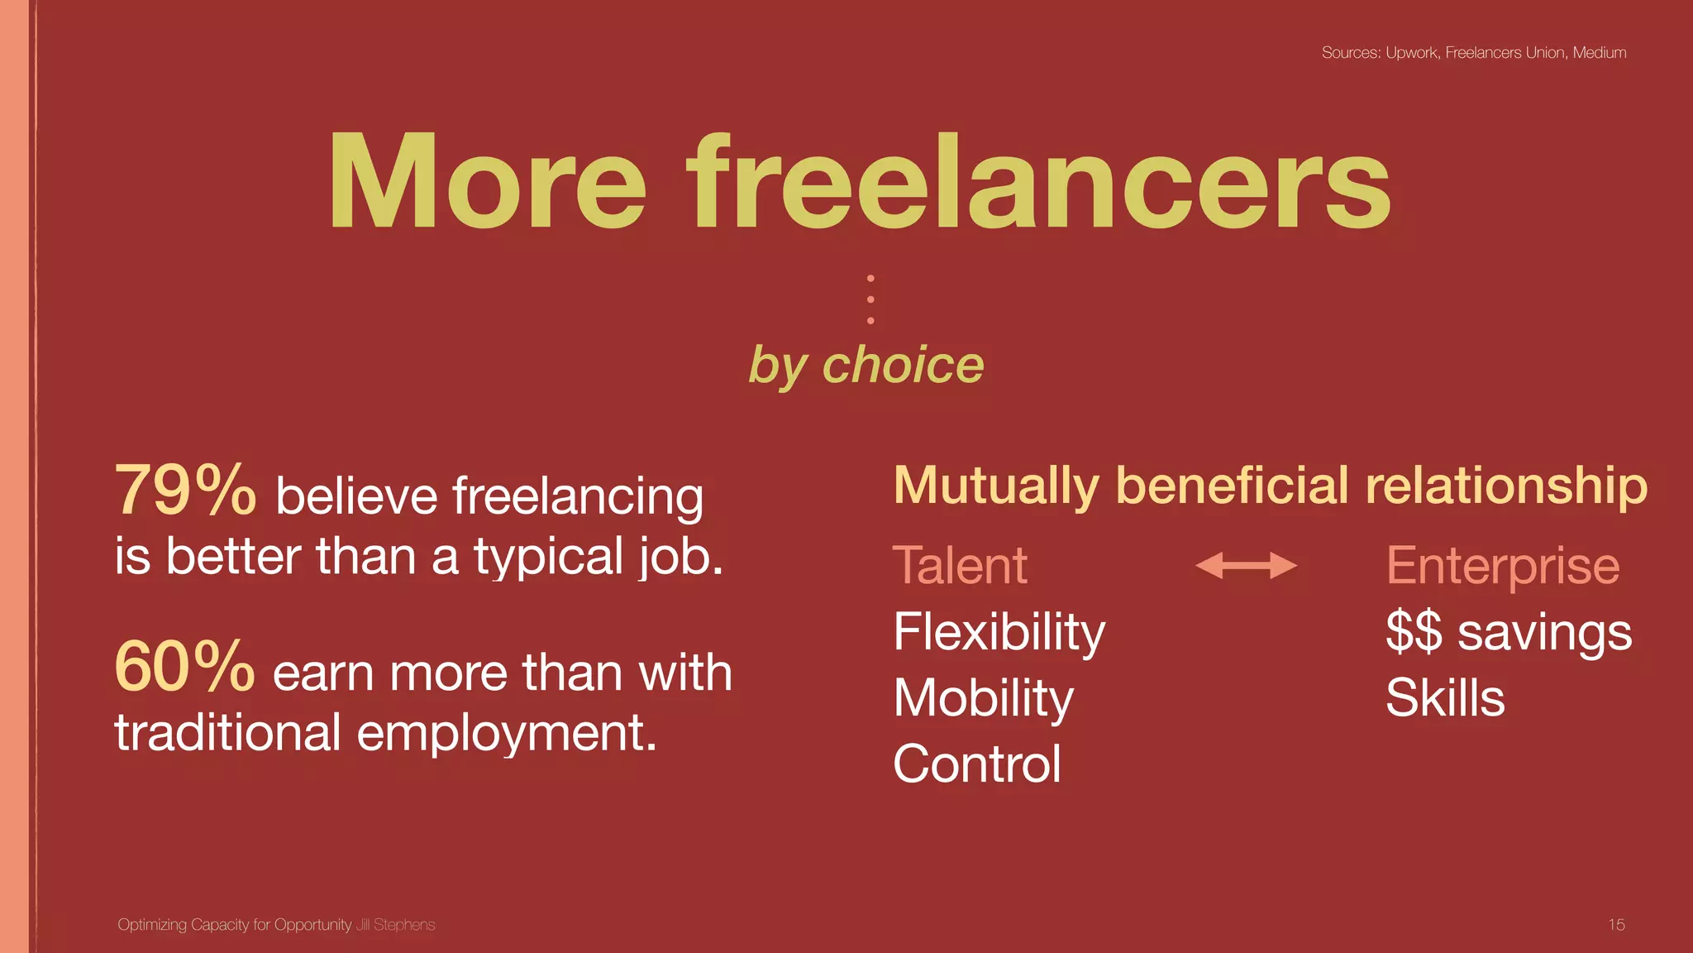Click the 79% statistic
click(x=185, y=491)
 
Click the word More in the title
click(x=487, y=183)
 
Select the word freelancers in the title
click(x=1039, y=183)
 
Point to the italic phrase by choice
click(x=866, y=366)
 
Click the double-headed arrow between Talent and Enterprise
click(x=1246, y=566)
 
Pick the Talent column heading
click(x=960, y=566)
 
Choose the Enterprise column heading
click(x=1502, y=566)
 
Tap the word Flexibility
click(x=999, y=633)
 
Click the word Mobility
click(x=983, y=698)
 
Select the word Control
click(x=977, y=764)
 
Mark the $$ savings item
click(x=1509, y=633)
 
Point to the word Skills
click(x=1445, y=698)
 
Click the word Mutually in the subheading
click(x=996, y=486)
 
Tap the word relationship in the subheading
click(x=1506, y=486)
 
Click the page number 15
click(x=1616, y=925)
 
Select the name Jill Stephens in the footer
click(x=395, y=925)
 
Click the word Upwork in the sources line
click(x=1412, y=53)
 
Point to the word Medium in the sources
click(x=1599, y=53)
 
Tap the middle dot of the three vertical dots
click(x=870, y=299)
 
